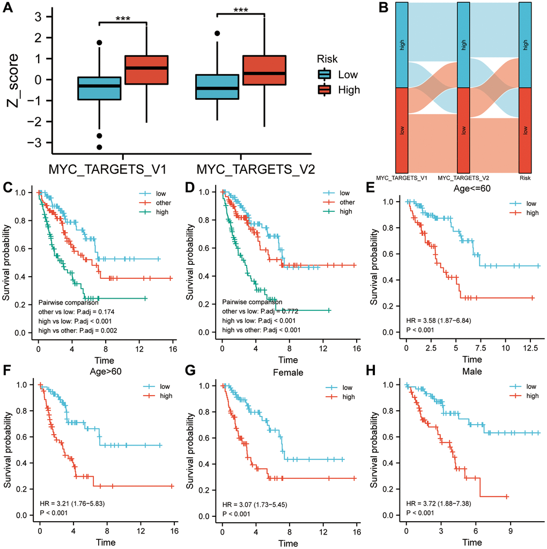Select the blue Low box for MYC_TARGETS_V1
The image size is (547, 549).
(x=100, y=88)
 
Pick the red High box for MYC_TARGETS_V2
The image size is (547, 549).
(x=264, y=70)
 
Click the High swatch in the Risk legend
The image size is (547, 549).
(x=326, y=90)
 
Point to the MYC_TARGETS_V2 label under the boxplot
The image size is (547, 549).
(x=256, y=170)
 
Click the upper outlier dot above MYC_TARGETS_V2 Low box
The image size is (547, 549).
(x=217, y=33)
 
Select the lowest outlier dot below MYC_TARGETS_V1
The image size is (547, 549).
(x=100, y=147)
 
